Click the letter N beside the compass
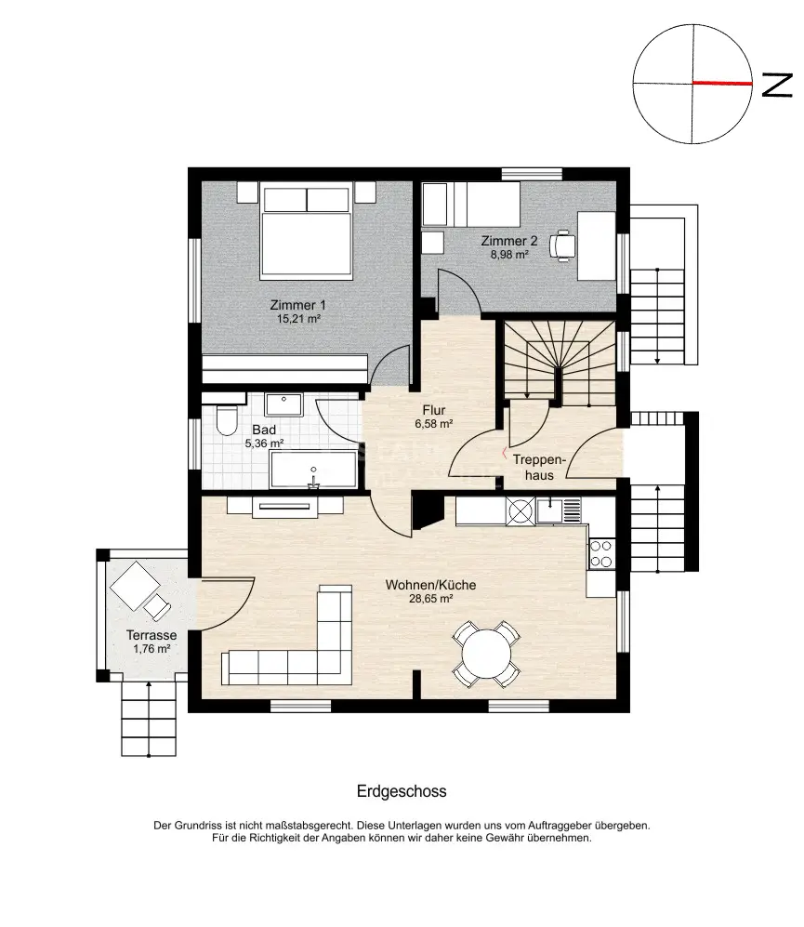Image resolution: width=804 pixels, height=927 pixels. [x=777, y=85]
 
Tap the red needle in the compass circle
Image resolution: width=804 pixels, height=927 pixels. [x=722, y=84]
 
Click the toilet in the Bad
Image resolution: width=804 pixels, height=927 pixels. [x=226, y=419]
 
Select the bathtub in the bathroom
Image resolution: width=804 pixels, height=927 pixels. [x=313, y=469]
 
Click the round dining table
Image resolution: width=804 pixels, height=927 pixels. [x=486, y=655]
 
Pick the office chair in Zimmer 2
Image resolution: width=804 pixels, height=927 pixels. [x=561, y=245]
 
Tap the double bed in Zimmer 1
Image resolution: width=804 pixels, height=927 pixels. [x=306, y=231]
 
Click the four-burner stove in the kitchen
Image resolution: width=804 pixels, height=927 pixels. [x=601, y=554]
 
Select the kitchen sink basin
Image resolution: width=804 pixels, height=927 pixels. [x=550, y=510]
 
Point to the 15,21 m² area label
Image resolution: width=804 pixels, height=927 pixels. [x=298, y=319]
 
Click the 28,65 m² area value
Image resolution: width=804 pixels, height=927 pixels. [x=431, y=599]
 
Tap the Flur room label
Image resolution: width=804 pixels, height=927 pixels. [x=434, y=410]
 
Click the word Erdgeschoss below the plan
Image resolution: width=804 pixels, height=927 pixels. [x=402, y=791]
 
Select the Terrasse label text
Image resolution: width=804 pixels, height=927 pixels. [x=152, y=636]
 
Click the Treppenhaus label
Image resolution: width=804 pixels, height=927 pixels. [x=539, y=468]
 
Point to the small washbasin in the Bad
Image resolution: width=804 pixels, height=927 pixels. [x=283, y=404]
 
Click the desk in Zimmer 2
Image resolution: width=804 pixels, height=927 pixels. [x=596, y=246]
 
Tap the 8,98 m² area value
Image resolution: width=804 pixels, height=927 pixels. [x=509, y=255]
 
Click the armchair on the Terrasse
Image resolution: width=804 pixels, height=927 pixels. [x=157, y=606]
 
